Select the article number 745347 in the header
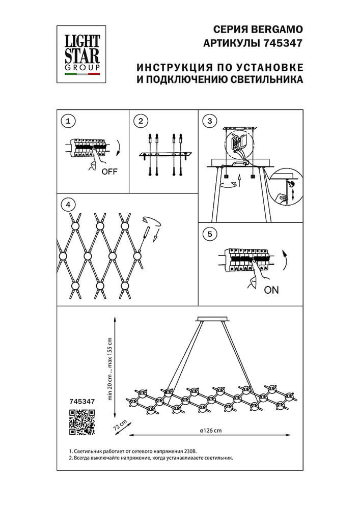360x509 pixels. tap(282, 43)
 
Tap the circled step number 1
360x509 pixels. tap(68, 121)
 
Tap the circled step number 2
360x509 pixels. tap(141, 121)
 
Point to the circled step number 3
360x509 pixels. tap(210, 121)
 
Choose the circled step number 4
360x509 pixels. tap(68, 205)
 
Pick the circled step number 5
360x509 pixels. tap(210, 234)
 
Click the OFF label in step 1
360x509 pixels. tap(109, 172)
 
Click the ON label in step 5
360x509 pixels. tap(271, 290)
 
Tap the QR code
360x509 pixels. tap(82, 422)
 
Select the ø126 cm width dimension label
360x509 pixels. tap(211, 431)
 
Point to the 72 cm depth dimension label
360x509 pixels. tap(120, 425)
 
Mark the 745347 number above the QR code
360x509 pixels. tap(82, 401)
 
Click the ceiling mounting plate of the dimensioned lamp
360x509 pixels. tap(213, 319)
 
